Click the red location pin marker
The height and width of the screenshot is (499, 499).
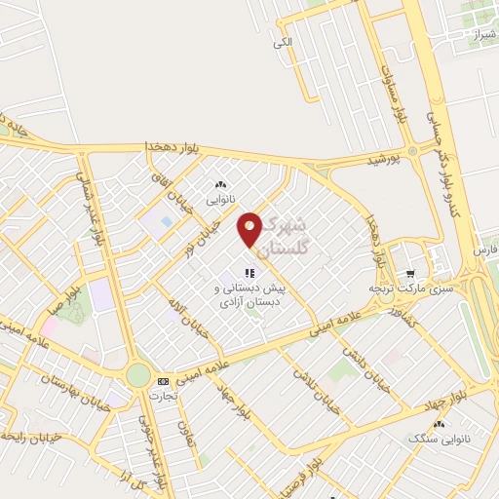pos(249,228)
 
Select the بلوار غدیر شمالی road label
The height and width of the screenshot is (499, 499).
pos(96,214)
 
